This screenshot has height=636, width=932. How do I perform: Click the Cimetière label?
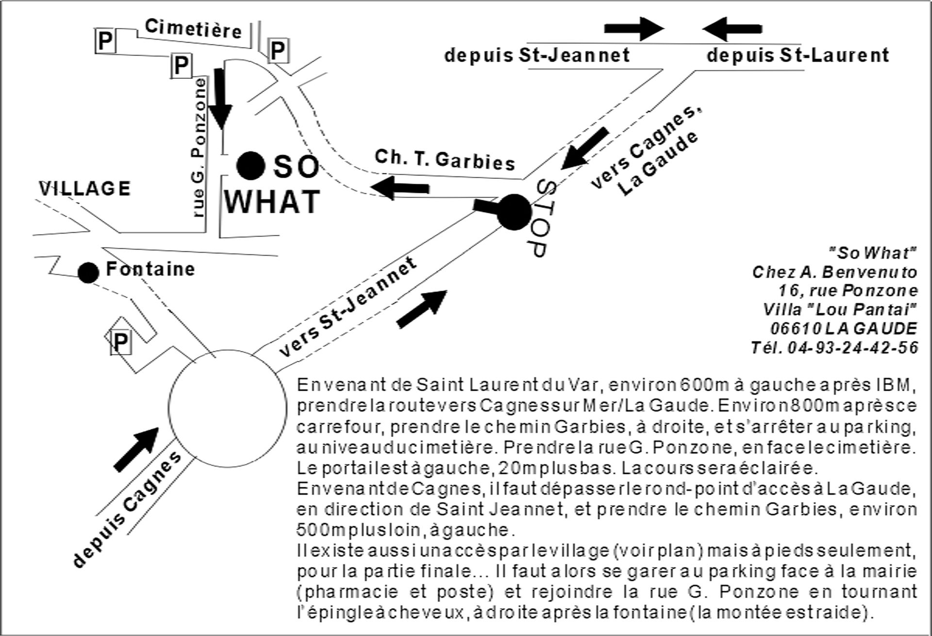193,29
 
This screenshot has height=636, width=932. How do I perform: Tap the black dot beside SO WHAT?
250,166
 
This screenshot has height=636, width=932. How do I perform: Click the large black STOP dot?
514,212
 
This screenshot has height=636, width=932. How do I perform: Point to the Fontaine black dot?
88,273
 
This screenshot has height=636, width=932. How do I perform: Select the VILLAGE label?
85,189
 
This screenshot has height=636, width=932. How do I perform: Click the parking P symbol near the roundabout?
120,343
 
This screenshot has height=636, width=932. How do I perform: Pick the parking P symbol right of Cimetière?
278,51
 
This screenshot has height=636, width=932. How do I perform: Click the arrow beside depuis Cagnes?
136,449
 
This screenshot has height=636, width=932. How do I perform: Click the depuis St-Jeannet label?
537,55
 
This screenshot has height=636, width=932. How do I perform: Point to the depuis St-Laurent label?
798,55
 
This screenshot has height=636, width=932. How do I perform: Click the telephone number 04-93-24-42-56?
853,347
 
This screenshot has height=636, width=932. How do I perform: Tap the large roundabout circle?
228,407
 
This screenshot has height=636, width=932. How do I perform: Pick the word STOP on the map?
541,218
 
